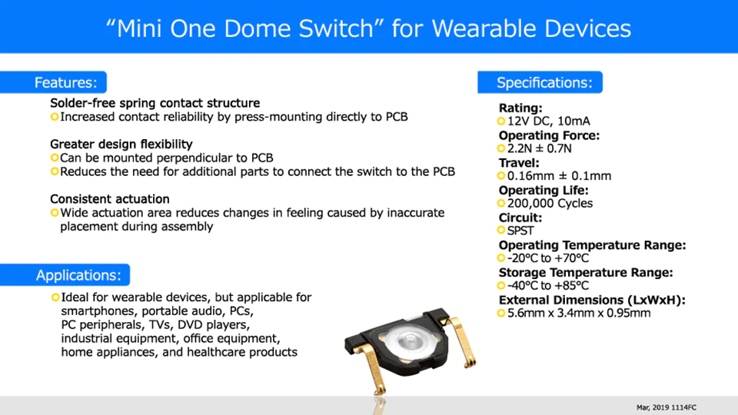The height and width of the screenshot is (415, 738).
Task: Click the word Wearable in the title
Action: (x=484, y=28)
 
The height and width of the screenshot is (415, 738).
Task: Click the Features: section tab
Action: (x=53, y=82)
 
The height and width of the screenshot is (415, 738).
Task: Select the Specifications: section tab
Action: (x=540, y=82)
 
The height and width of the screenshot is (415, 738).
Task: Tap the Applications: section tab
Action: (x=65, y=275)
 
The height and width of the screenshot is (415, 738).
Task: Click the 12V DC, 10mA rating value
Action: (x=548, y=121)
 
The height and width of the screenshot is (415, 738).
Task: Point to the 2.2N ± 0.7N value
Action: (x=540, y=148)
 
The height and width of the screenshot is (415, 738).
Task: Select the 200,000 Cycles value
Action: (x=550, y=203)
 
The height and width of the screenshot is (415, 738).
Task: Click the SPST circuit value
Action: (x=520, y=231)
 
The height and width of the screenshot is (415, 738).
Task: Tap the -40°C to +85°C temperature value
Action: (x=548, y=286)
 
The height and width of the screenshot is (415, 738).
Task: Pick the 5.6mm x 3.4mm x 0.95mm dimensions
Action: (x=579, y=313)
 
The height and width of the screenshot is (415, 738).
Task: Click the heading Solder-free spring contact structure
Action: (x=155, y=103)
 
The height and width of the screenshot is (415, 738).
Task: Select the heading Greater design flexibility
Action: (x=121, y=144)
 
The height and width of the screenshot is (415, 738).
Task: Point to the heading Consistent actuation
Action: (x=110, y=199)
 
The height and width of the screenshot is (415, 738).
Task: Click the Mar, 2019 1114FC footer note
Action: (x=667, y=407)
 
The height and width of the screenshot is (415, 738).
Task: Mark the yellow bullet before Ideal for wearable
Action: (x=55, y=297)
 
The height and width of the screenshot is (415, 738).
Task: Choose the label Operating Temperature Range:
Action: (x=592, y=245)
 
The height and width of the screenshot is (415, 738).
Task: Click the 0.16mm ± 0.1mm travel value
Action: (x=559, y=176)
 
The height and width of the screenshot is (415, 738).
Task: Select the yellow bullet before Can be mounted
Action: (x=55, y=158)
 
